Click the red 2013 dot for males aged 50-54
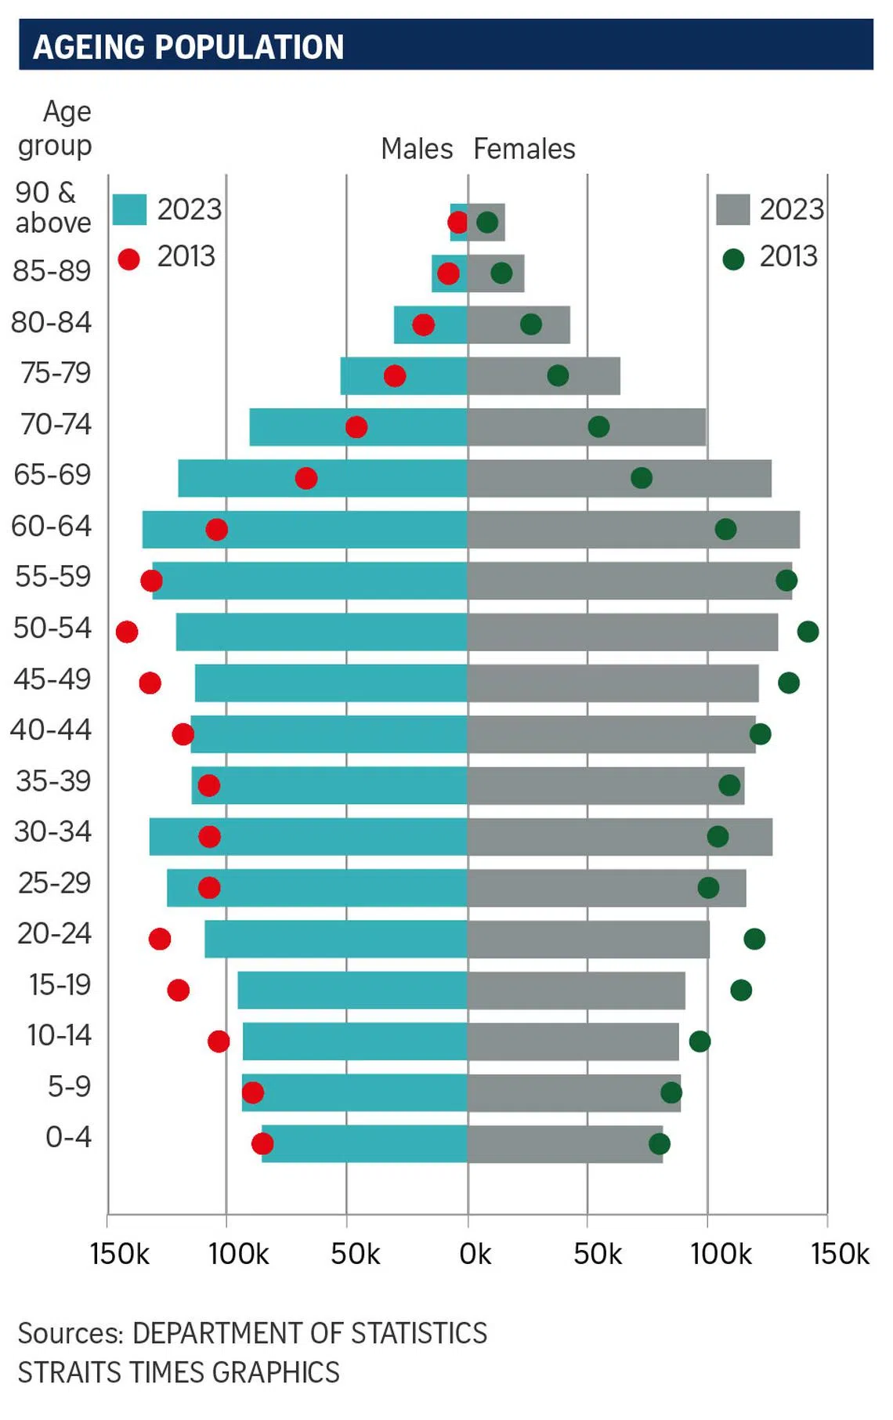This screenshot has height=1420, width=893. [x=127, y=632]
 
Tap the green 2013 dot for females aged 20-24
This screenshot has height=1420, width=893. [x=754, y=939]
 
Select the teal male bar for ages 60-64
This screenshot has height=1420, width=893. [x=305, y=530]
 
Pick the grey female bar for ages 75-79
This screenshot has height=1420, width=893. [x=544, y=376]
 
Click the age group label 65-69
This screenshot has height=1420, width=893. [x=52, y=475]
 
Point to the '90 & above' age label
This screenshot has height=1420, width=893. [x=52, y=208]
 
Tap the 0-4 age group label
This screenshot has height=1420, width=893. [x=68, y=1137]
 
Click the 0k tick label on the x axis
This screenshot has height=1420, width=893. [x=475, y=1255]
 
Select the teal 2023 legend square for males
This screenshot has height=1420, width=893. [x=129, y=209]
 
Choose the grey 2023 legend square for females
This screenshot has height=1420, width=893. [x=732, y=209]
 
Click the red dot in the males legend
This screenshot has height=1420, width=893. [x=129, y=259]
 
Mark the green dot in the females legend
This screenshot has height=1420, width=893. [x=733, y=259]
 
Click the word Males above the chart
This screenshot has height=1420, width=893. [x=417, y=149]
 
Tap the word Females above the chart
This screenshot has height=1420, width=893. [x=524, y=149]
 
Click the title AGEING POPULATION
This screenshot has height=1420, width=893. [x=189, y=47]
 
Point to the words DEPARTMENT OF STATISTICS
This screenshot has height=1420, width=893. [x=309, y=1333]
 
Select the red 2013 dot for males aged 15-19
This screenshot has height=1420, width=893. [x=179, y=991]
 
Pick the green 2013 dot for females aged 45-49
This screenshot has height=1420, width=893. [x=789, y=683]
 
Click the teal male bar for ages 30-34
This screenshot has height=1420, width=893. [x=309, y=837]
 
